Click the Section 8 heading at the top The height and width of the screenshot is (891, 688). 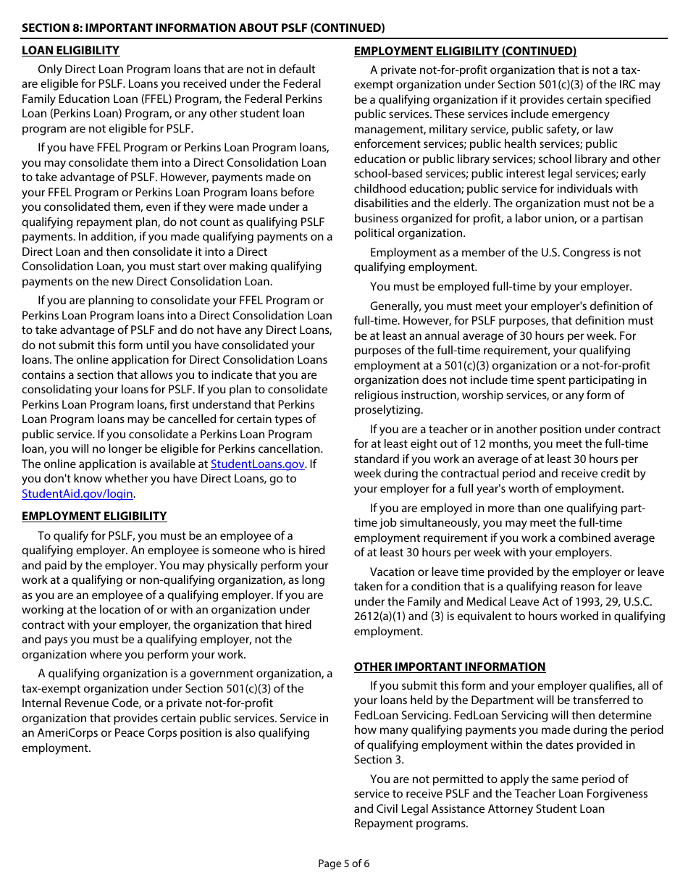[203, 28]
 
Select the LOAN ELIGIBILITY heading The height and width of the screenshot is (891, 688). [70, 51]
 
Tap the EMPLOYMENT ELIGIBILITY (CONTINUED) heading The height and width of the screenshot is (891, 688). [465, 51]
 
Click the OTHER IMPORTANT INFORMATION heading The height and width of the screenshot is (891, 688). [449, 667]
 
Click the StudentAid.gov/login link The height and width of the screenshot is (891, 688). [77, 494]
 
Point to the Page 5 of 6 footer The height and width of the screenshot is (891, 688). [344, 863]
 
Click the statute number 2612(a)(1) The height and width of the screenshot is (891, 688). [385, 616]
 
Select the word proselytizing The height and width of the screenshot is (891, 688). [388, 410]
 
